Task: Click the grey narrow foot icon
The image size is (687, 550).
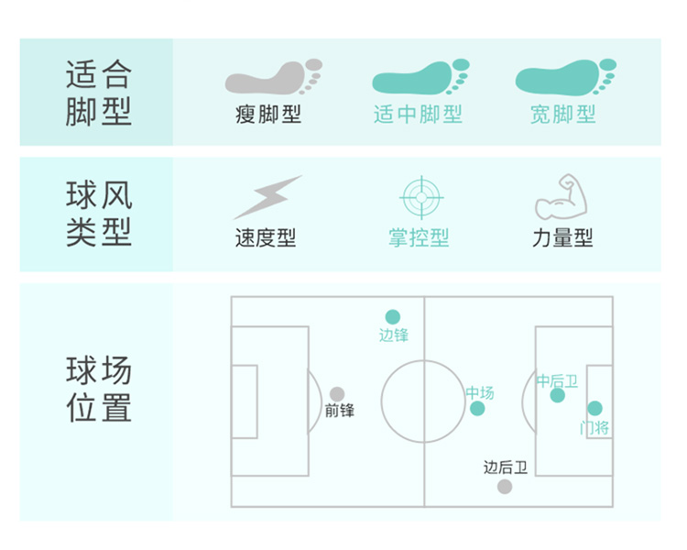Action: pyautogui.click(x=273, y=77)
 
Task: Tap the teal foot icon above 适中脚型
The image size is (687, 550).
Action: pyautogui.click(x=420, y=77)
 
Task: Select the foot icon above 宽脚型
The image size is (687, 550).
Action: pyautogui.click(x=566, y=77)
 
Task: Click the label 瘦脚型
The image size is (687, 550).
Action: pyautogui.click(x=268, y=115)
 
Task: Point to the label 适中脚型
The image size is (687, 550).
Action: pyautogui.click(x=418, y=115)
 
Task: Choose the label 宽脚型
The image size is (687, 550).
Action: pyautogui.click(x=563, y=115)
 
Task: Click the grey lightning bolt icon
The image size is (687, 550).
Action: pyautogui.click(x=267, y=197)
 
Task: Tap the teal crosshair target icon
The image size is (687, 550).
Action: pyautogui.click(x=421, y=198)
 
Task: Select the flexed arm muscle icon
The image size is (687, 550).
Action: pyautogui.click(x=562, y=196)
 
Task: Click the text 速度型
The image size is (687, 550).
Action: pyautogui.click(x=266, y=237)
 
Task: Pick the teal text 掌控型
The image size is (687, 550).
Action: pyautogui.click(x=419, y=237)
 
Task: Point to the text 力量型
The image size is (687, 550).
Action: pyautogui.click(x=563, y=237)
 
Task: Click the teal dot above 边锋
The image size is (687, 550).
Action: pyautogui.click(x=393, y=316)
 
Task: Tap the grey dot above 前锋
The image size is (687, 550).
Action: pyautogui.click(x=337, y=394)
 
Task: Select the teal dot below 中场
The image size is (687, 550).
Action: pyautogui.click(x=477, y=409)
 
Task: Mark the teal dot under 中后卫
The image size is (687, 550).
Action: pyautogui.click(x=557, y=395)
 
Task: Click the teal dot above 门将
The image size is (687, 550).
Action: pyautogui.click(x=594, y=408)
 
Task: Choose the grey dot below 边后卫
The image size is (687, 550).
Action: pyautogui.click(x=505, y=487)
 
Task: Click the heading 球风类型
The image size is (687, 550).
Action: pyautogui.click(x=99, y=214)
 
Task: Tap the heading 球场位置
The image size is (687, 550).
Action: pyautogui.click(x=99, y=389)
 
